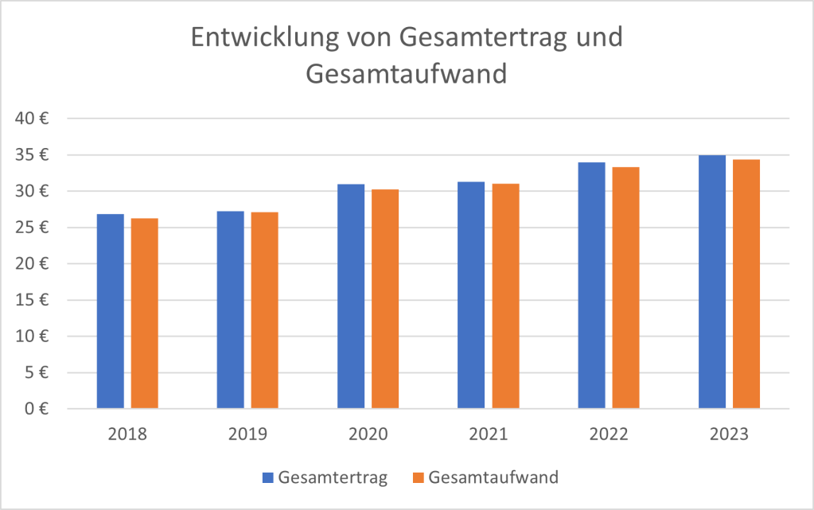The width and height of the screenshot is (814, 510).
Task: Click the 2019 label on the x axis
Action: pyautogui.click(x=247, y=434)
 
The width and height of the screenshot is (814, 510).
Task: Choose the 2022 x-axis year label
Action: pyautogui.click(x=609, y=434)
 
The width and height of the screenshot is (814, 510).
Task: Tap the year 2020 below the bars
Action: pyautogui.click(x=368, y=434)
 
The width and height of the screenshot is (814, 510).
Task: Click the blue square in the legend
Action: pyautogui.click(x=268, y=478)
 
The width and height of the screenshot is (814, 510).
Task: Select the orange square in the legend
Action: pyautogui.click(x=418, y=478)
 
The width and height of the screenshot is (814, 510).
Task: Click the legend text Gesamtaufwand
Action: pyautogui.click(x=493, y=478)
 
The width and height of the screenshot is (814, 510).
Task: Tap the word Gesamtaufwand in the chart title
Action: pyautogui.click(x=407, y=73)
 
